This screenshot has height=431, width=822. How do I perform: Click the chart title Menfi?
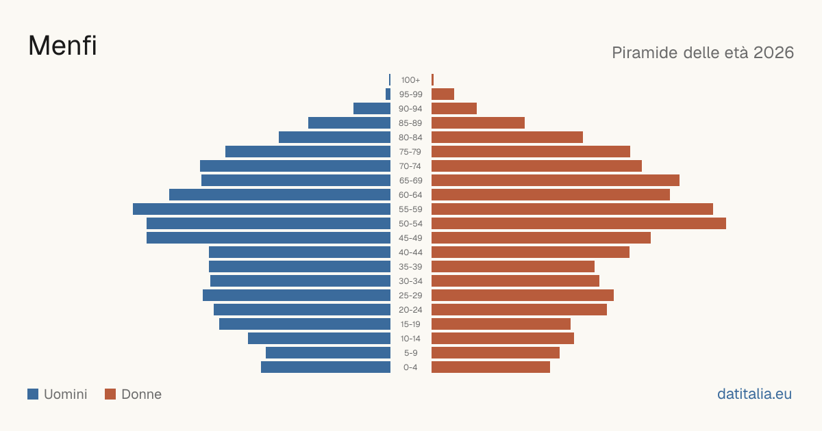pos(62,46)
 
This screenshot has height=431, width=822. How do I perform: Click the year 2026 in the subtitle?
pos(773,53)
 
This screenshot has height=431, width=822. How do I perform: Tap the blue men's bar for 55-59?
pos(262,209)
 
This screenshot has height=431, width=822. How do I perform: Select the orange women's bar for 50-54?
pos(579,224)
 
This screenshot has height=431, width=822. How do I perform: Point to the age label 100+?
pos(410,80)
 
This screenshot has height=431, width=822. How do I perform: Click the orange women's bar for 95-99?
pos(443,94)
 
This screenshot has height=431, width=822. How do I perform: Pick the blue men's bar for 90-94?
pos(372,109)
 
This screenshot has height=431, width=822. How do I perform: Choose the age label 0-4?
pos(410,367)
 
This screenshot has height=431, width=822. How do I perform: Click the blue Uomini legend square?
pos(33,394)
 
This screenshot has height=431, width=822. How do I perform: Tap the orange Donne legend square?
pos(110,394)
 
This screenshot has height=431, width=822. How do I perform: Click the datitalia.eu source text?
pos(754,394)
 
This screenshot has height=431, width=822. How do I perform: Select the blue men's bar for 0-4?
pos(325,367)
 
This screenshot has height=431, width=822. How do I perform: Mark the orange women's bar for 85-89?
pos(478,122)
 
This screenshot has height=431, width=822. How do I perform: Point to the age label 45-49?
pos(410,238)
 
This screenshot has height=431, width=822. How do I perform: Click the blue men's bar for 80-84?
pos(335,138)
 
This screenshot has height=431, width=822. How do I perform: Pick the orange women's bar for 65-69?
pos(556,181)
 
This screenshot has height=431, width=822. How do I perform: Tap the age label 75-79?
pos(410,152)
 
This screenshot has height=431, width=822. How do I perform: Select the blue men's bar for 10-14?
pos(319,338)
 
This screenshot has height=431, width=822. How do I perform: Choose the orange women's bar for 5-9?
pos(495,353)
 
